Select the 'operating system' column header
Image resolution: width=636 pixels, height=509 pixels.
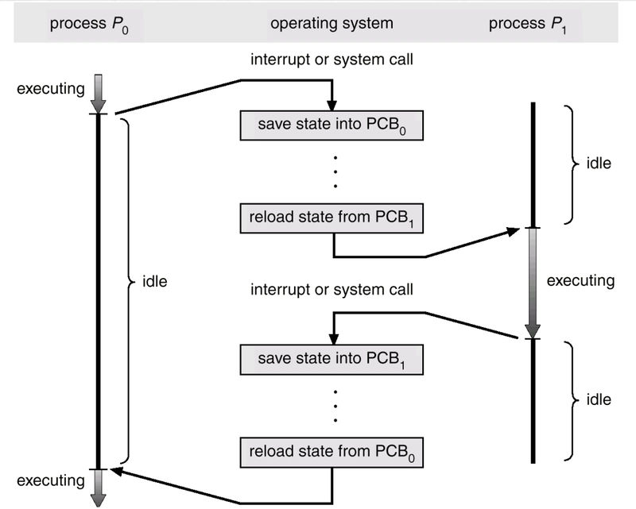click(332, 24)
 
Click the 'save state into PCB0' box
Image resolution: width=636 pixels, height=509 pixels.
click(332, 125)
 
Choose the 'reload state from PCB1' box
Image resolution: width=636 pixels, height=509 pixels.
click(332, 218)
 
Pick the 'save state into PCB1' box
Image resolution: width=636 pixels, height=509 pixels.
click(332, 361)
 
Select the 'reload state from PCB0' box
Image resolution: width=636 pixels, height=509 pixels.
click(332, 453)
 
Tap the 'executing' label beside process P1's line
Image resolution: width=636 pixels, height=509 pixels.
click(580, 280)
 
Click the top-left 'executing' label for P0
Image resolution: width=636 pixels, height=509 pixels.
click(50, 88)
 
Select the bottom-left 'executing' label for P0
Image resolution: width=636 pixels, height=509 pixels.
click(50, 480)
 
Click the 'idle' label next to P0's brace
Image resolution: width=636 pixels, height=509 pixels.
click(155, 281)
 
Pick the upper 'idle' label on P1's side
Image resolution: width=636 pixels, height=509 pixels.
click(598, 164)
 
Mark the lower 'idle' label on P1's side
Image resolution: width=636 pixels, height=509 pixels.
click(598, 399)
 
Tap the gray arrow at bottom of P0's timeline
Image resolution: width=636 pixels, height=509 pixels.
click(98, 486)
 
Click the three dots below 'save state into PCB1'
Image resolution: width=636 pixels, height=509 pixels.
click(335, 404)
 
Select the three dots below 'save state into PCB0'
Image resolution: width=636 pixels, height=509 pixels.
click(335, 171)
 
